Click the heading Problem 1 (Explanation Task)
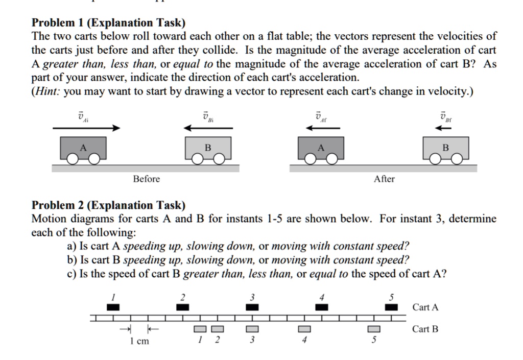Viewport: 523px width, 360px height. (109, 23)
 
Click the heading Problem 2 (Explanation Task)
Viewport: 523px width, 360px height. (109, 205)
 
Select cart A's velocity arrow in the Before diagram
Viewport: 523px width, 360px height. (86, 128)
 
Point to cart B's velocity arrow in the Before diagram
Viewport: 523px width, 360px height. (208, 128)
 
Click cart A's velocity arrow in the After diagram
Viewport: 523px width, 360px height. (321, 128)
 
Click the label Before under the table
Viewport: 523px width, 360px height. (146, 179)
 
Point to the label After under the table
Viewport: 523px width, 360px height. (384, 179)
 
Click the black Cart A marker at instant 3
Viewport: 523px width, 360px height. (252, 307)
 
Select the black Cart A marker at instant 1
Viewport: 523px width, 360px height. (113, 307)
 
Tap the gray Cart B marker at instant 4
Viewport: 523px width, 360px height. (304, 328)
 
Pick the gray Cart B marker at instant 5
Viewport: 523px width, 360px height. (374, 328)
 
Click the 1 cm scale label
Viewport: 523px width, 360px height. (139, 341)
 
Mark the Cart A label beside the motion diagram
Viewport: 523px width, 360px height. (425, 307)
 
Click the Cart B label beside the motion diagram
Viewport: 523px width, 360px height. (425, 329)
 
